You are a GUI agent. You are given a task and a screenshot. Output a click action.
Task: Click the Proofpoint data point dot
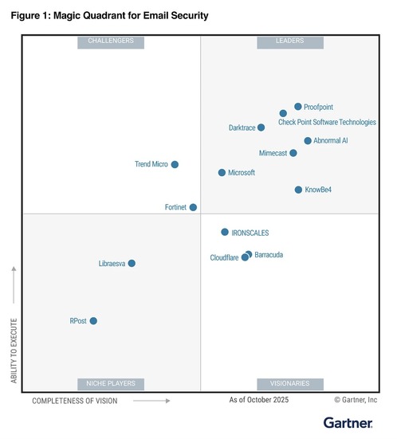(x=298, y=106)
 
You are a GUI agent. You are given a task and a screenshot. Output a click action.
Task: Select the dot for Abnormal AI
(x=308, y=140)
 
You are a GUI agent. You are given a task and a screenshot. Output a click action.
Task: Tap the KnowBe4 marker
(x=298, y=190)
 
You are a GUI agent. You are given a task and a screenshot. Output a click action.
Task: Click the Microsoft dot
(x=222, y=172)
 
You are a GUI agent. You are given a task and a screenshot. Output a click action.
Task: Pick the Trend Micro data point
(x=175, y=164)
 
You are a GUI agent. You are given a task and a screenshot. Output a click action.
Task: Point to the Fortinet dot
(x=193, y=207)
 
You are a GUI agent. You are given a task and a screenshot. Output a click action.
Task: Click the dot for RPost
(x=93, y=321)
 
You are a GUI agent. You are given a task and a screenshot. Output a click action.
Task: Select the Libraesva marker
(x=132, y=263)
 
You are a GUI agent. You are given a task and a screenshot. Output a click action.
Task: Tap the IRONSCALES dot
(x=225, y=232)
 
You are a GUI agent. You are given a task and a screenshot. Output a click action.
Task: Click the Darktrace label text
(x=242, y=127)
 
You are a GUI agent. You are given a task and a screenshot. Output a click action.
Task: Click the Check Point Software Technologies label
(x=327, y=122)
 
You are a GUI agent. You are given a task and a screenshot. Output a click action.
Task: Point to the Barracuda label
(x=269, y=255)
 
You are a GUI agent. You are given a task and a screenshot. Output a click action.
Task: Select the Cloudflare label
(x=224, y=258)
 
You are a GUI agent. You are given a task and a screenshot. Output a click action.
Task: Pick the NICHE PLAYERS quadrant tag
(x=111, y=383)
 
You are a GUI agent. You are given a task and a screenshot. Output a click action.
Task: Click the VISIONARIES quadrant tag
(x=289, y=383)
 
